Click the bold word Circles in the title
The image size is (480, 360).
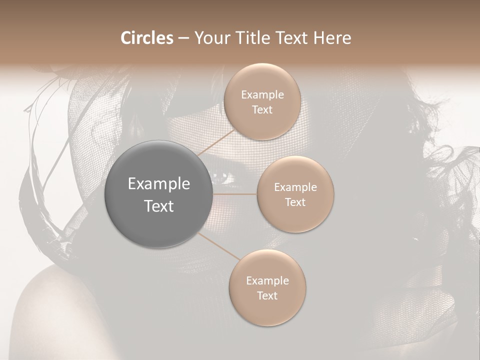(x=147, y=38)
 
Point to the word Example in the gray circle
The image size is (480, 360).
(x=159, y=184)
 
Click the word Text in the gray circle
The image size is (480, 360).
(x=159, y=206)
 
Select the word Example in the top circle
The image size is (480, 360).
(x=262, y=94)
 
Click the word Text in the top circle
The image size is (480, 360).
(x=262, y=109)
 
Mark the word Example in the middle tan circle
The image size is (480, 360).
(x=295, y=187)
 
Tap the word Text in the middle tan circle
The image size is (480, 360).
(x=295, y=202)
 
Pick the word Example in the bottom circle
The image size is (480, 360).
(x=267, y=280)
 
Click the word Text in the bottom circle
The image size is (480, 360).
(x=267, y=295)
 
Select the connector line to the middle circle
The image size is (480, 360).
(x=235, y=194)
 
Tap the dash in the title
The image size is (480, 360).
(x=183, y=38)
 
